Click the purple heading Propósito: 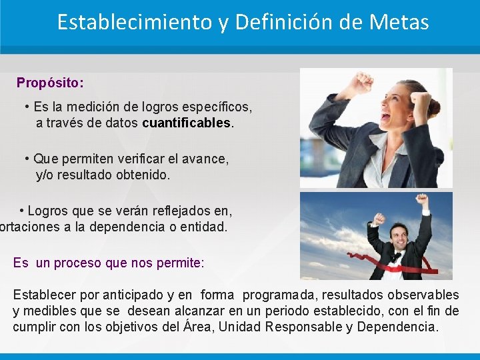point(50,83)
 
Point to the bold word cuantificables point(187,123)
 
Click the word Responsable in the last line point(306,327)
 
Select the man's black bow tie point(398,255)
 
